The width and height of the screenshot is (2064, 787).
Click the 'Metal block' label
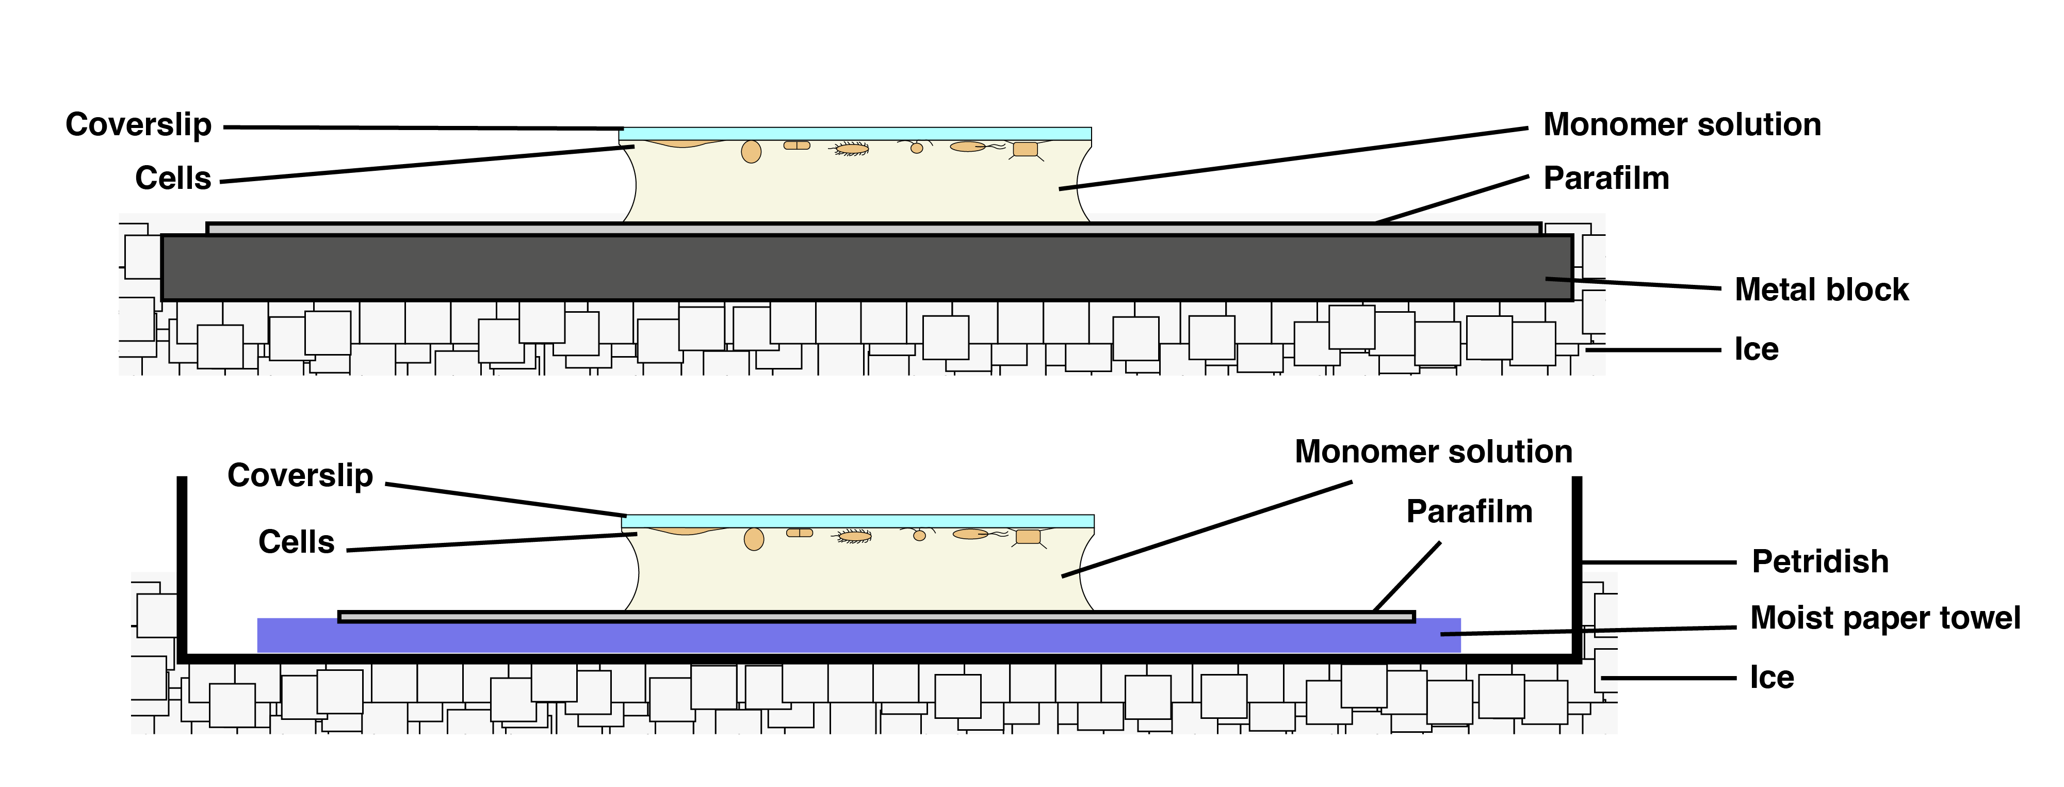(x=1821, y=290)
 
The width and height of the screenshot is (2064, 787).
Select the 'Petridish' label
(x=1819, y=562)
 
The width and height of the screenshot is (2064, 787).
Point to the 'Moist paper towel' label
(x=1884, y=618)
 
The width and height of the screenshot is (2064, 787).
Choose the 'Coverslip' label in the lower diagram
(x=300, y=476)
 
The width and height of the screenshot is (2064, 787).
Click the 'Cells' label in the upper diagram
(x=173, y=179)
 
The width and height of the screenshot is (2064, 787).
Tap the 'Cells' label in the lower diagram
(x=296, y=542)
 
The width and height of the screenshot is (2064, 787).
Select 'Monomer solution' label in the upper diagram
(x=1682, y=125)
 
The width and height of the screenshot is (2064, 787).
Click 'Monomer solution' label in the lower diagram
(x=1434, y=452)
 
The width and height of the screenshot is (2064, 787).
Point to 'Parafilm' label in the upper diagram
(x=1606, y=179)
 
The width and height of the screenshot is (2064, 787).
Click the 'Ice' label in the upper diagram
(x=1757, y=349)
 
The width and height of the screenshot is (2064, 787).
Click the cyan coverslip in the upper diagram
(x=855, y=134)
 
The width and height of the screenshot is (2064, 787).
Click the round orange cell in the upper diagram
(x=751, y=152)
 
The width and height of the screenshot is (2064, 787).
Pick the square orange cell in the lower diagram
(x=1028, y=537)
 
